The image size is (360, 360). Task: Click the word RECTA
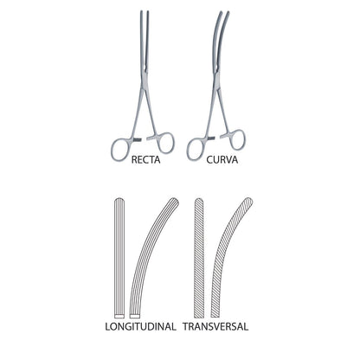(145, 159)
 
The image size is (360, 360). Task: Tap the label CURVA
(222, 159)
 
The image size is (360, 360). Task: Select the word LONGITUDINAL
(140, 326)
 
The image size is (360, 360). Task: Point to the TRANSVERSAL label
(215, 326)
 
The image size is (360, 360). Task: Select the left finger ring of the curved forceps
(188, 150)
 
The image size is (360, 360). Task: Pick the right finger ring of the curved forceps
(244, 140)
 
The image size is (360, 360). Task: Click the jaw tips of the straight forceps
(145, 12)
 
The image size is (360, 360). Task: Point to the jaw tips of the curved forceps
(224, 12)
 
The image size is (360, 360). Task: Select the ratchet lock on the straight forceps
(145, 139)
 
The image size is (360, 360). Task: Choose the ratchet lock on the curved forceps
(218, 138)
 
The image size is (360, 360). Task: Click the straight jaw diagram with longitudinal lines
(119, 258)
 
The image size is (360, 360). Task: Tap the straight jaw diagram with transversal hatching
(199, 258)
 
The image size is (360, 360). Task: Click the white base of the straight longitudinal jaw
(119, 316)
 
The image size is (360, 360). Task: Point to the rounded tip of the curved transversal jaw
(249, 201)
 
